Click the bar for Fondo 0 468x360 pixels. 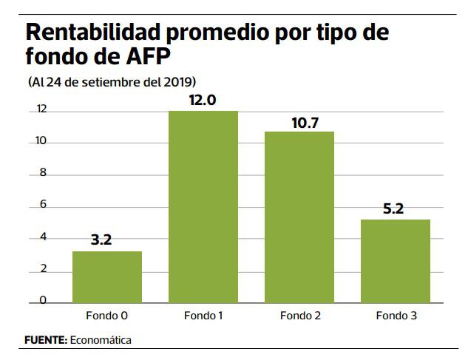click(x=107, y=276)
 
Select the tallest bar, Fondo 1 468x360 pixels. click(x=203, y=206)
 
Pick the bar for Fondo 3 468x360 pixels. click(x=396, y=260)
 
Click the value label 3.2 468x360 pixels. click(x=107, y=240)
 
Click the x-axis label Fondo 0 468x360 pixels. click(x=107, y=316)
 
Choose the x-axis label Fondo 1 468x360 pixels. click(x=203, y=316)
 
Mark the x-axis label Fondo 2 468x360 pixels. click(x=299, y=316)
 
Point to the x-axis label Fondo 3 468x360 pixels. click(x=396, y=316)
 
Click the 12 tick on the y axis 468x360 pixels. click(x=41, y=110)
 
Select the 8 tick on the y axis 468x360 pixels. click(x=43, y=174)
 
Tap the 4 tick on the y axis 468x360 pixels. click(x=43, y=237)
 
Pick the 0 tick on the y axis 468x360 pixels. click(x=43, y=300)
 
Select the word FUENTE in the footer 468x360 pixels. click(x=45, y=341)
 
